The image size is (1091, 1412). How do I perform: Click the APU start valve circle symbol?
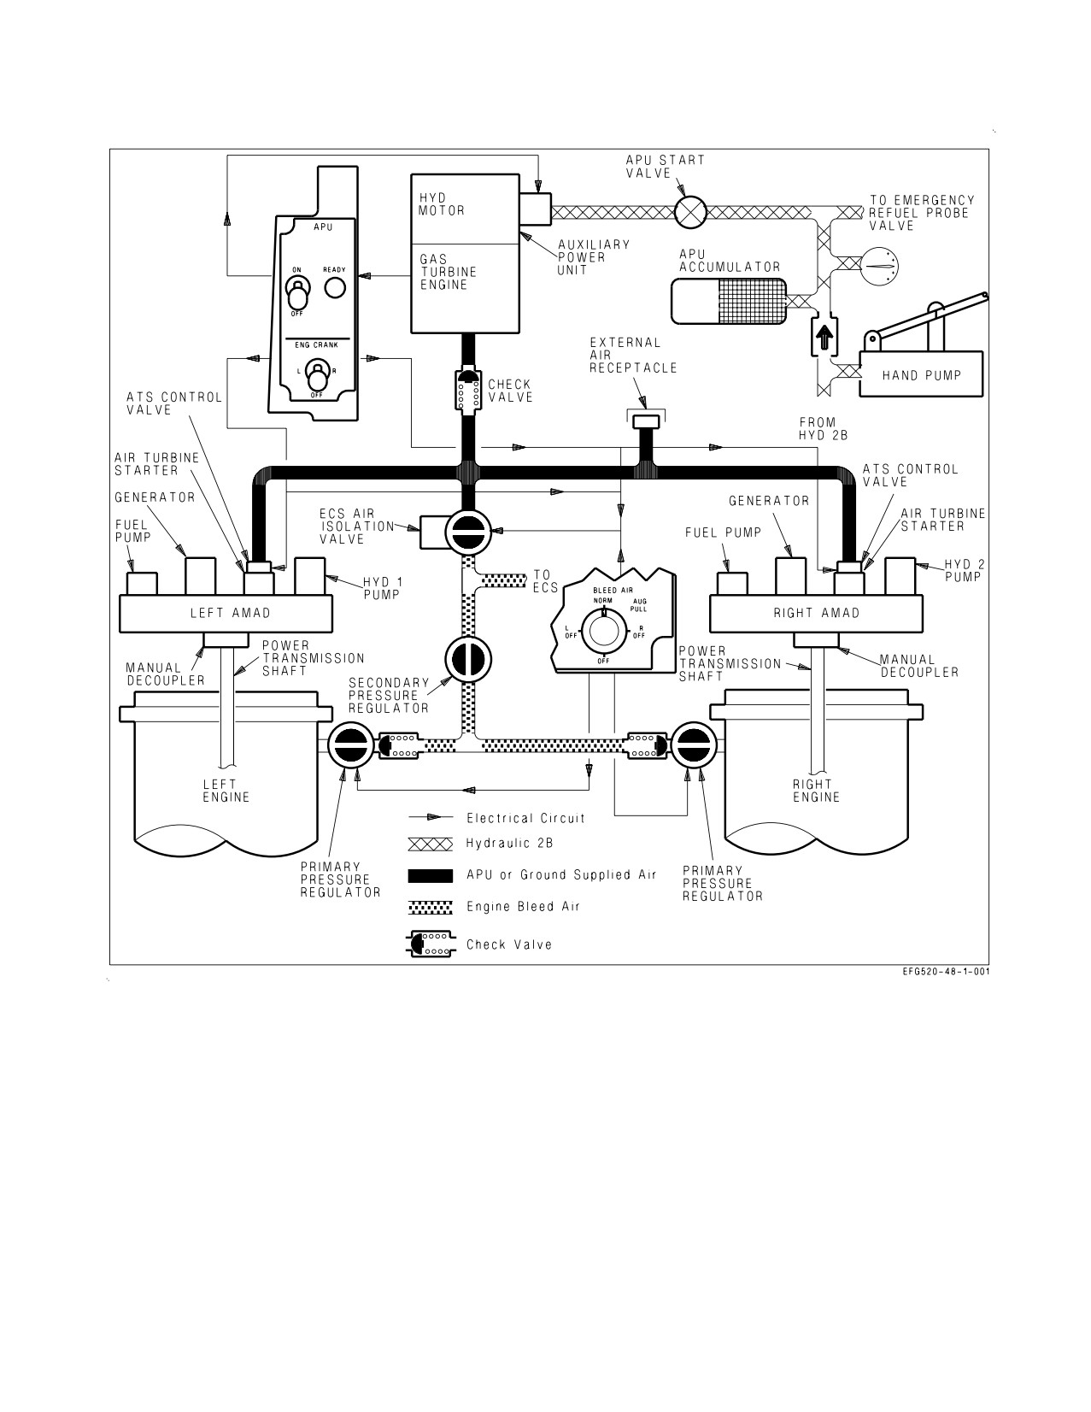[689, 211]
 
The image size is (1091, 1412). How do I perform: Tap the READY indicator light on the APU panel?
[334, 287]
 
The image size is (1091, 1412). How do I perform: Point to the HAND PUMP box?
[921, 374]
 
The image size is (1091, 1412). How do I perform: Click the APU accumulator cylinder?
[729, 301]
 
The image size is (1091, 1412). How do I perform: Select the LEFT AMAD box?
[226, 613]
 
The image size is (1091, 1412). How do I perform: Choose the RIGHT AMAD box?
[816, 613]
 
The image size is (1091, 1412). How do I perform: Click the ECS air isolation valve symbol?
[468, 532]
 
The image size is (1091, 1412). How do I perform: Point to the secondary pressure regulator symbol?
[468, 660]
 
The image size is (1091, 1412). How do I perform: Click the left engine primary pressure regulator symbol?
[350, 744]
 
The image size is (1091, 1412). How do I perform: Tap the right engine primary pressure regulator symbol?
[695, 744]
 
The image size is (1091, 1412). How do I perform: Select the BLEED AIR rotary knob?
[603, 632]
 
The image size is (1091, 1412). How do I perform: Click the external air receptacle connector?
[646, 421]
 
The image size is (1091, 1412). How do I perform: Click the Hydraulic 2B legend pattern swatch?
[430, 844]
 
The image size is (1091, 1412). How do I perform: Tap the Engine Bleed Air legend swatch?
[430, 907]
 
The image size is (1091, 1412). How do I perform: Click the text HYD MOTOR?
[442, 204]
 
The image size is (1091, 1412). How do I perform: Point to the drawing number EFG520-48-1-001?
[946, 991]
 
